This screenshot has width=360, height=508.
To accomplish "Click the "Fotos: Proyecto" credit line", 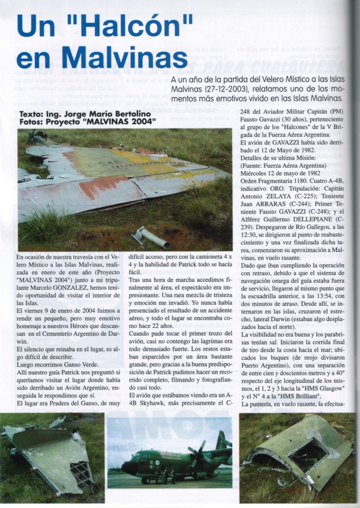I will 51,121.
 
